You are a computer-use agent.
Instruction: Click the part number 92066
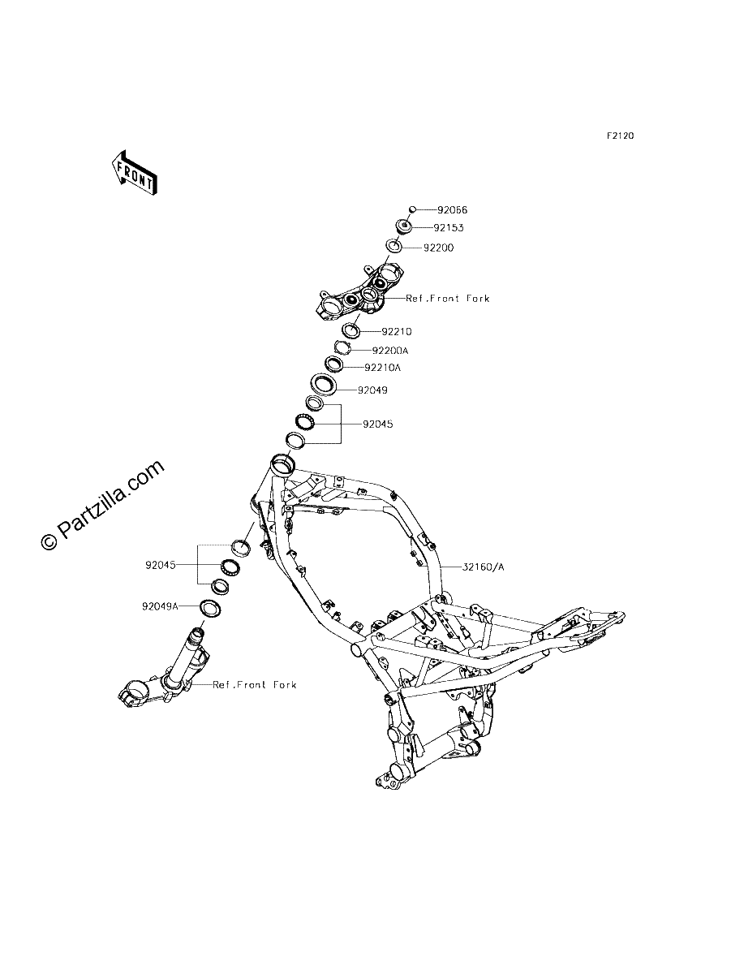[x=452, y=210]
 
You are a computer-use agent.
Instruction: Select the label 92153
[x=448, y=227]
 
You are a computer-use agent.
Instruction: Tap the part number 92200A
[x=390, y=351]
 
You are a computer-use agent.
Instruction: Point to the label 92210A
[x=383, y=368]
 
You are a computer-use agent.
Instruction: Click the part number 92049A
[x=160, y=606]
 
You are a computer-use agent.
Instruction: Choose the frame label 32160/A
[x=484, y=567]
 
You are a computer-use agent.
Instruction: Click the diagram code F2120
[x=621, y=136]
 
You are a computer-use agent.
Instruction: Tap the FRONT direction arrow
[x=135, y=173]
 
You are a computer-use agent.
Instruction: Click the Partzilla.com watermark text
[x=103, y=506]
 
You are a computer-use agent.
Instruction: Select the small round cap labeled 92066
[x=412, y=209]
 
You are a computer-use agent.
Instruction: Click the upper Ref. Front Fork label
[x=448, y=299]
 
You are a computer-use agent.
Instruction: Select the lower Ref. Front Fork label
[x=255, y=685]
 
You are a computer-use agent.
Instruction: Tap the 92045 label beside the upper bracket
[x=378, y=425]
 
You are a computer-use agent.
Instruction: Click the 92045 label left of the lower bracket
[x=161, y=565]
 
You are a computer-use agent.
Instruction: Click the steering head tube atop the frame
[x=282, y=466]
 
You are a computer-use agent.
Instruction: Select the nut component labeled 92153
[x=404, y=226]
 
